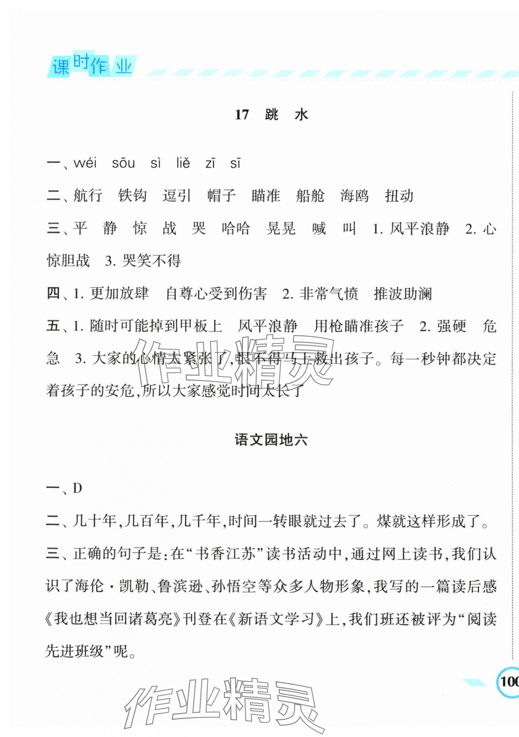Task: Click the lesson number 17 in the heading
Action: (241, 115)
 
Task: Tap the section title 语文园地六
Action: (271, 440)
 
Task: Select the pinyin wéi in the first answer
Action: (85, 163)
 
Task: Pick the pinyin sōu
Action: (123, 163)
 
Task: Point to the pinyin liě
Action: (183, 163)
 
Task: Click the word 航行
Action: (88, 195)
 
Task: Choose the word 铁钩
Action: (132, 195)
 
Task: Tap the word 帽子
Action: (221, 195)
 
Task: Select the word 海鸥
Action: (355, 195)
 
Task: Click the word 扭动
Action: (399, 195)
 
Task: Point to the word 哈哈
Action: (236, 228)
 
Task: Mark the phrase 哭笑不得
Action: (151, 261)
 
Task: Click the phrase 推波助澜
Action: (403, 294)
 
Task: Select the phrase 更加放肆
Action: (119, 294)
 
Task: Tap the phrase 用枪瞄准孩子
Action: (358, 326)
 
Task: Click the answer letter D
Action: (77, 488)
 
